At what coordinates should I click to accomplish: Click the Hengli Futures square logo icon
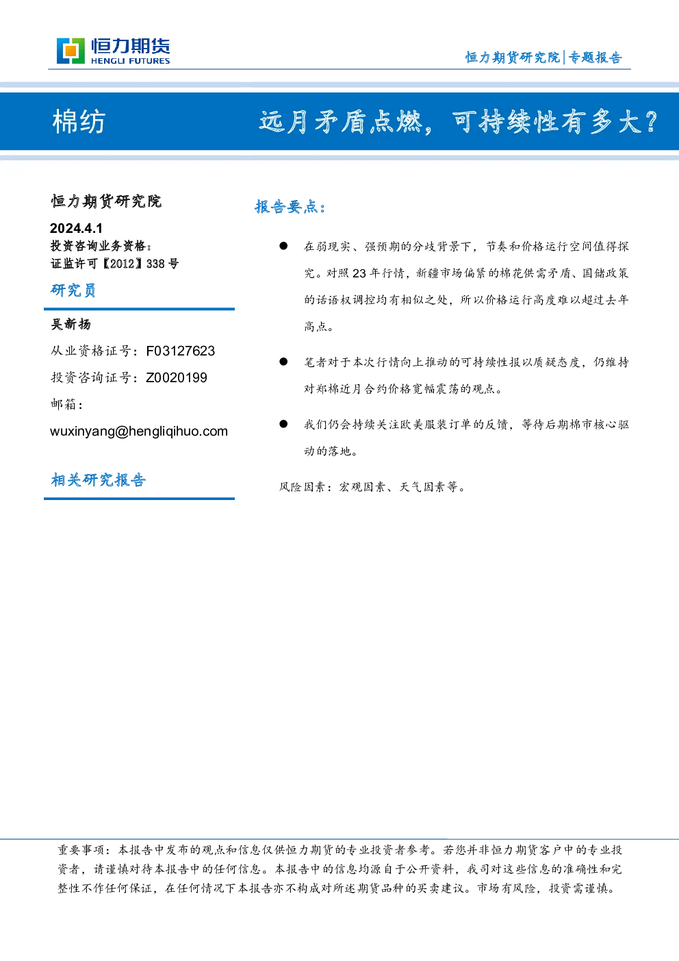71,51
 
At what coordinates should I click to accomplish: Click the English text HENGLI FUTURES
130,61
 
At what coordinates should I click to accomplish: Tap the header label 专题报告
595,58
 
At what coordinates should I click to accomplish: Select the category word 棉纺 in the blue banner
79,122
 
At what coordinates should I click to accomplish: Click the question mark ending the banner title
651,122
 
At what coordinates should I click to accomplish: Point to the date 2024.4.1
76,228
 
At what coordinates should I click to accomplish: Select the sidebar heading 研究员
73,290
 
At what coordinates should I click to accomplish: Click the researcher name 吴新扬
71,325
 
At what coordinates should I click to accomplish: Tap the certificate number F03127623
181,351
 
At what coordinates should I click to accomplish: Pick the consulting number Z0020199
177,377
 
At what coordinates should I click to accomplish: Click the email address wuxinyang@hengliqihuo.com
139,431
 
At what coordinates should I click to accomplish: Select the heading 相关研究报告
99,480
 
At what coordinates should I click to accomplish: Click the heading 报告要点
290,207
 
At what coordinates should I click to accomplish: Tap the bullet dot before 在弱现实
283,246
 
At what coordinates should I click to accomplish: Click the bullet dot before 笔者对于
283,362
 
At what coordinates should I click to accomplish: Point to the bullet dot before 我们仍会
283,424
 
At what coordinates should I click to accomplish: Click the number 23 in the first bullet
359,273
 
